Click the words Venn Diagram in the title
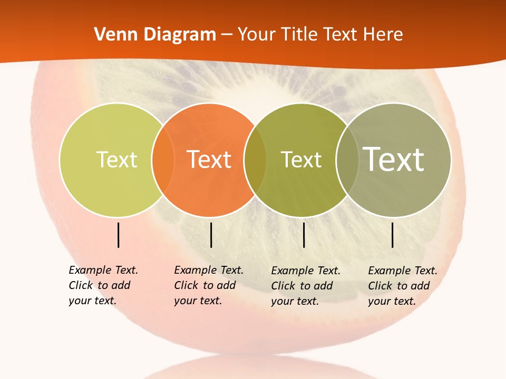(x=155, y=35)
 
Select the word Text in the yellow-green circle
(x=116, y=159)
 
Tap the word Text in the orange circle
(x=209, y=159)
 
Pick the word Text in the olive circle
(x=301, y=159)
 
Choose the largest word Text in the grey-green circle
(x=394, y=159)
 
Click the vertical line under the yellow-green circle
(x=118, y=235)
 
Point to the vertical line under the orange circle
(x=211, y=235)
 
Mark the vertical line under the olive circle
(x=304, y=235)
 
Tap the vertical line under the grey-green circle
(x=393, y=235)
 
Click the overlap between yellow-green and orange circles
(x=163, y=159)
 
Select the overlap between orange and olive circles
(x=255, y=159)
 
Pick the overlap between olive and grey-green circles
(x=347, y=159)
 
